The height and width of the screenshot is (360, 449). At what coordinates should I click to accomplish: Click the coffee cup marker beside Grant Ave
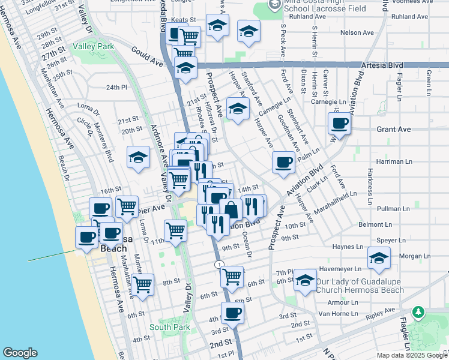(340, 124)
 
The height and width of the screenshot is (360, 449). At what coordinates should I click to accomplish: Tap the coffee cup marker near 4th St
(232, 312)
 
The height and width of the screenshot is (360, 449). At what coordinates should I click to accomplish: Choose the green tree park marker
(418, 312)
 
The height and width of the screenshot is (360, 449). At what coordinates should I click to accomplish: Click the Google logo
(20, 353)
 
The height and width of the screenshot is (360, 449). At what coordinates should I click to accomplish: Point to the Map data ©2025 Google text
(411, 355)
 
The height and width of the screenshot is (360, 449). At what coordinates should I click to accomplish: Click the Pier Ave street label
(150, 210)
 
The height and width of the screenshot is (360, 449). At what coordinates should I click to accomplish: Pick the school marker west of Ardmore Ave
(138, 158)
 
